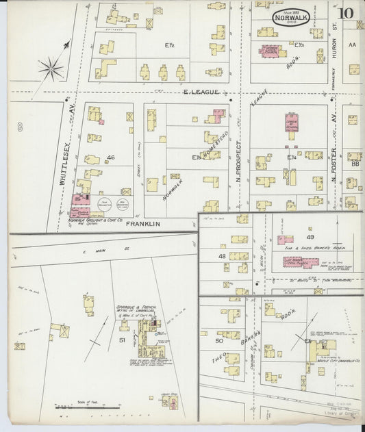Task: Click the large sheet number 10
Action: click(345, 12)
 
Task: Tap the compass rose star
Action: click(51, 68)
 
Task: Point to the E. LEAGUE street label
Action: click(201, 92)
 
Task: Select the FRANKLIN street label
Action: click(143, 224)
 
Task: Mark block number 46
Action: click(110, 157)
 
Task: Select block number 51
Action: click(123, 340)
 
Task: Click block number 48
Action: click(222, 256)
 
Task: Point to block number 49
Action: click(310, 236)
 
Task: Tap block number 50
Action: click(220, 340)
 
